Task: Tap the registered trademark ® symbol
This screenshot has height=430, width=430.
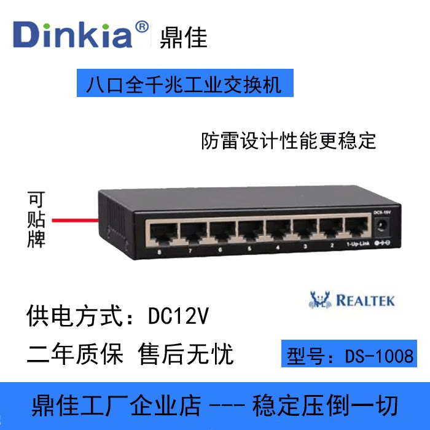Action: point(141,27)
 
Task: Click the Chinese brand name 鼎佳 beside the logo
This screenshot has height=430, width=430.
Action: point(183,37)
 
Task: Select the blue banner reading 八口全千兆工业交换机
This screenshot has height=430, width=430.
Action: point(184,84)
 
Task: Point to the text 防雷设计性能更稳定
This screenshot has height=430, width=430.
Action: point(289,141)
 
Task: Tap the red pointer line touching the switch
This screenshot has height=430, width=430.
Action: point(75,219)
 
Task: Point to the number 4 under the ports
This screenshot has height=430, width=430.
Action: point(278,248)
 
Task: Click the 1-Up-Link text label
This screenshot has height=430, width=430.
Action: point(358,245)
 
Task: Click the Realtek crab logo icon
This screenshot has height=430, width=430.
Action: point(319,300)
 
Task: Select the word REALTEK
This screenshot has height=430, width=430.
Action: point(365,301)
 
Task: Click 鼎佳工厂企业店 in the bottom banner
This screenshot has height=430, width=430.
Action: point(117,405)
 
